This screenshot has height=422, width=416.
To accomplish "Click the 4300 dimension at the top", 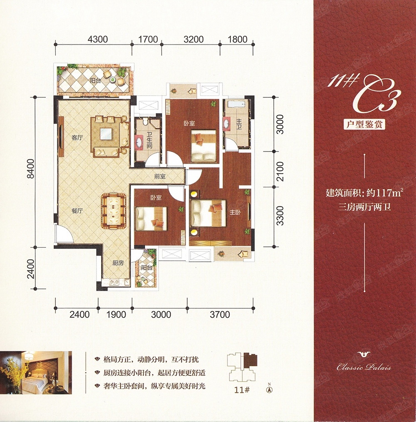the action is [x=98, y=39].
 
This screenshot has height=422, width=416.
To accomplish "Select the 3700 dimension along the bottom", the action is [x=220, y=314].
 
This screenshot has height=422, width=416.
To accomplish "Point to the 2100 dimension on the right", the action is [x=280, y=171].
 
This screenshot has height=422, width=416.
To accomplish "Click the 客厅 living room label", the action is [x=77, y=138].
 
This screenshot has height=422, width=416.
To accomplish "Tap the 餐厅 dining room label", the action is [x=77, y=211].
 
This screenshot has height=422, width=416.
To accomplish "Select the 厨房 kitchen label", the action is [x=118, y=263].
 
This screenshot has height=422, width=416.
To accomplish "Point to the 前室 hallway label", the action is [x=160, y=176].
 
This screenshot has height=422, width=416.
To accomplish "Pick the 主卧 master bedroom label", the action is [x=235, y=212].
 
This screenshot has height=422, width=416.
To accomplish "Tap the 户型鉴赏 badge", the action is [x=364, y=124].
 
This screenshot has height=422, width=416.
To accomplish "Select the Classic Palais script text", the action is [x=364, y=367].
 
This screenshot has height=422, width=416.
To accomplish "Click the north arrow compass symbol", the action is [x=268, y=389].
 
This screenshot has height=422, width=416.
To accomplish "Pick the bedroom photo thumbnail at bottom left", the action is [x=36, y=372].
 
